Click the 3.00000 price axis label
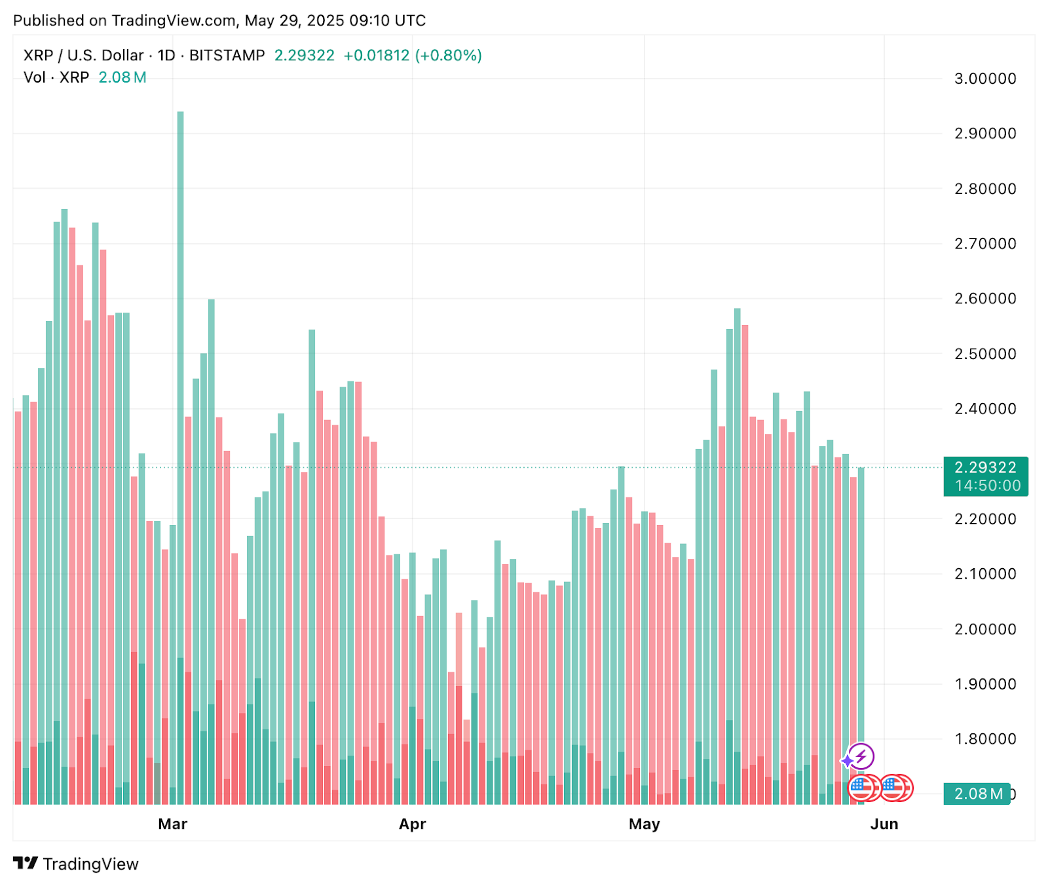[x=984, y=79]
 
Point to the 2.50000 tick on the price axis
[x=984, y=354]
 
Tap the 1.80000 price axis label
[x=984, y=739]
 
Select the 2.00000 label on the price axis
[x=984, y=629]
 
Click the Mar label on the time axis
[x=173, y=824]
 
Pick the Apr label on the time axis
[x=413, y=824]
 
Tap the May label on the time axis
[x=645, y=824]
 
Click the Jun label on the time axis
[x=884, y=824]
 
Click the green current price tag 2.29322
[x=985, y=468]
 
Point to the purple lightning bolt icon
[x=861, y=756]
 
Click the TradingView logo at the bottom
[x=76, y=864]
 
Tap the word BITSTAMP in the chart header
[x=227, y=56]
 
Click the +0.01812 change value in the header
[x=376, y=56]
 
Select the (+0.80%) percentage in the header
[x=449, y=56]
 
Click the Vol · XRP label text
[x=56, y=77]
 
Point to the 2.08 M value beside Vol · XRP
[x=122, y=77]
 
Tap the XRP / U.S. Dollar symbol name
[x=83, y=56]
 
